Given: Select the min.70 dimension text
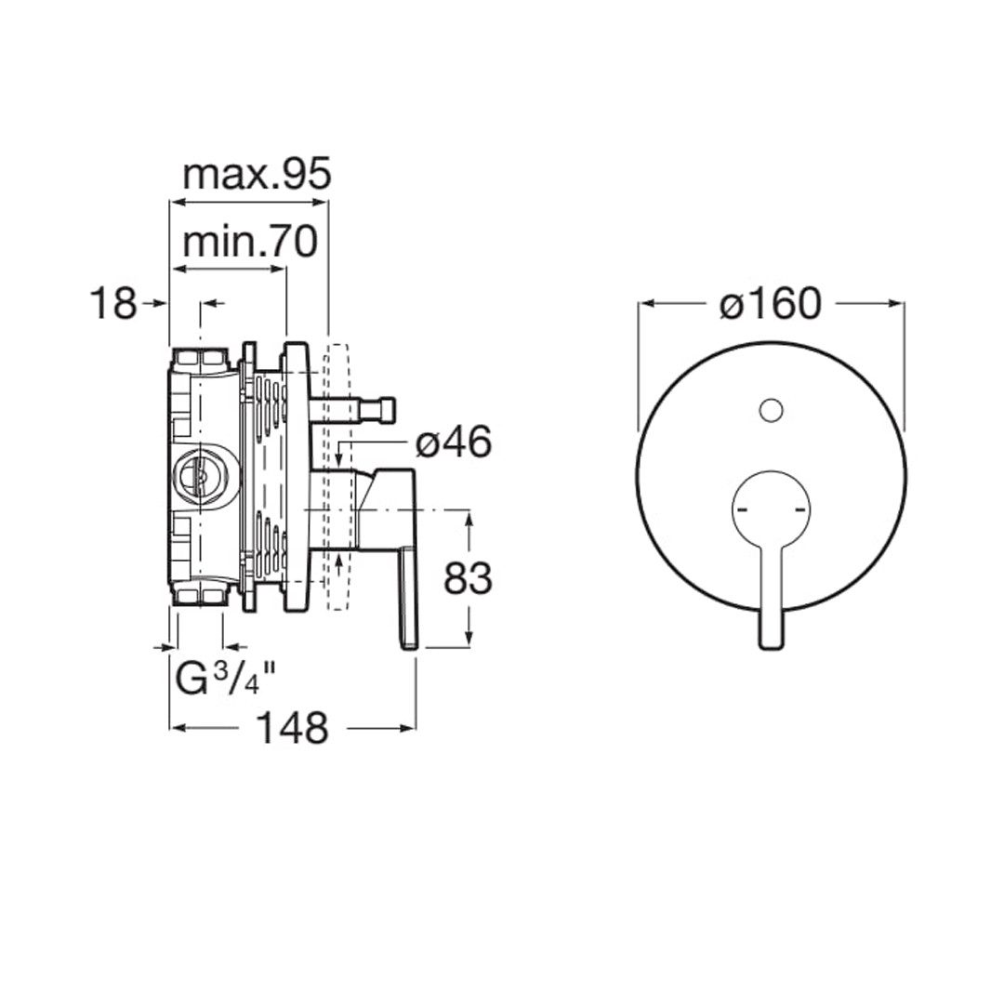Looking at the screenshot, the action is point(250,243).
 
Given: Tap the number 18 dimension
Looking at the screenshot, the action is point(113,303).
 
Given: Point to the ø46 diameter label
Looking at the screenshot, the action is point(454,442).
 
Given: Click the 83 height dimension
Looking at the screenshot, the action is point(468,579).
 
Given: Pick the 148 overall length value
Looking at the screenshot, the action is point(292,728).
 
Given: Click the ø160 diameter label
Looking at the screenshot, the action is point(770,303).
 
